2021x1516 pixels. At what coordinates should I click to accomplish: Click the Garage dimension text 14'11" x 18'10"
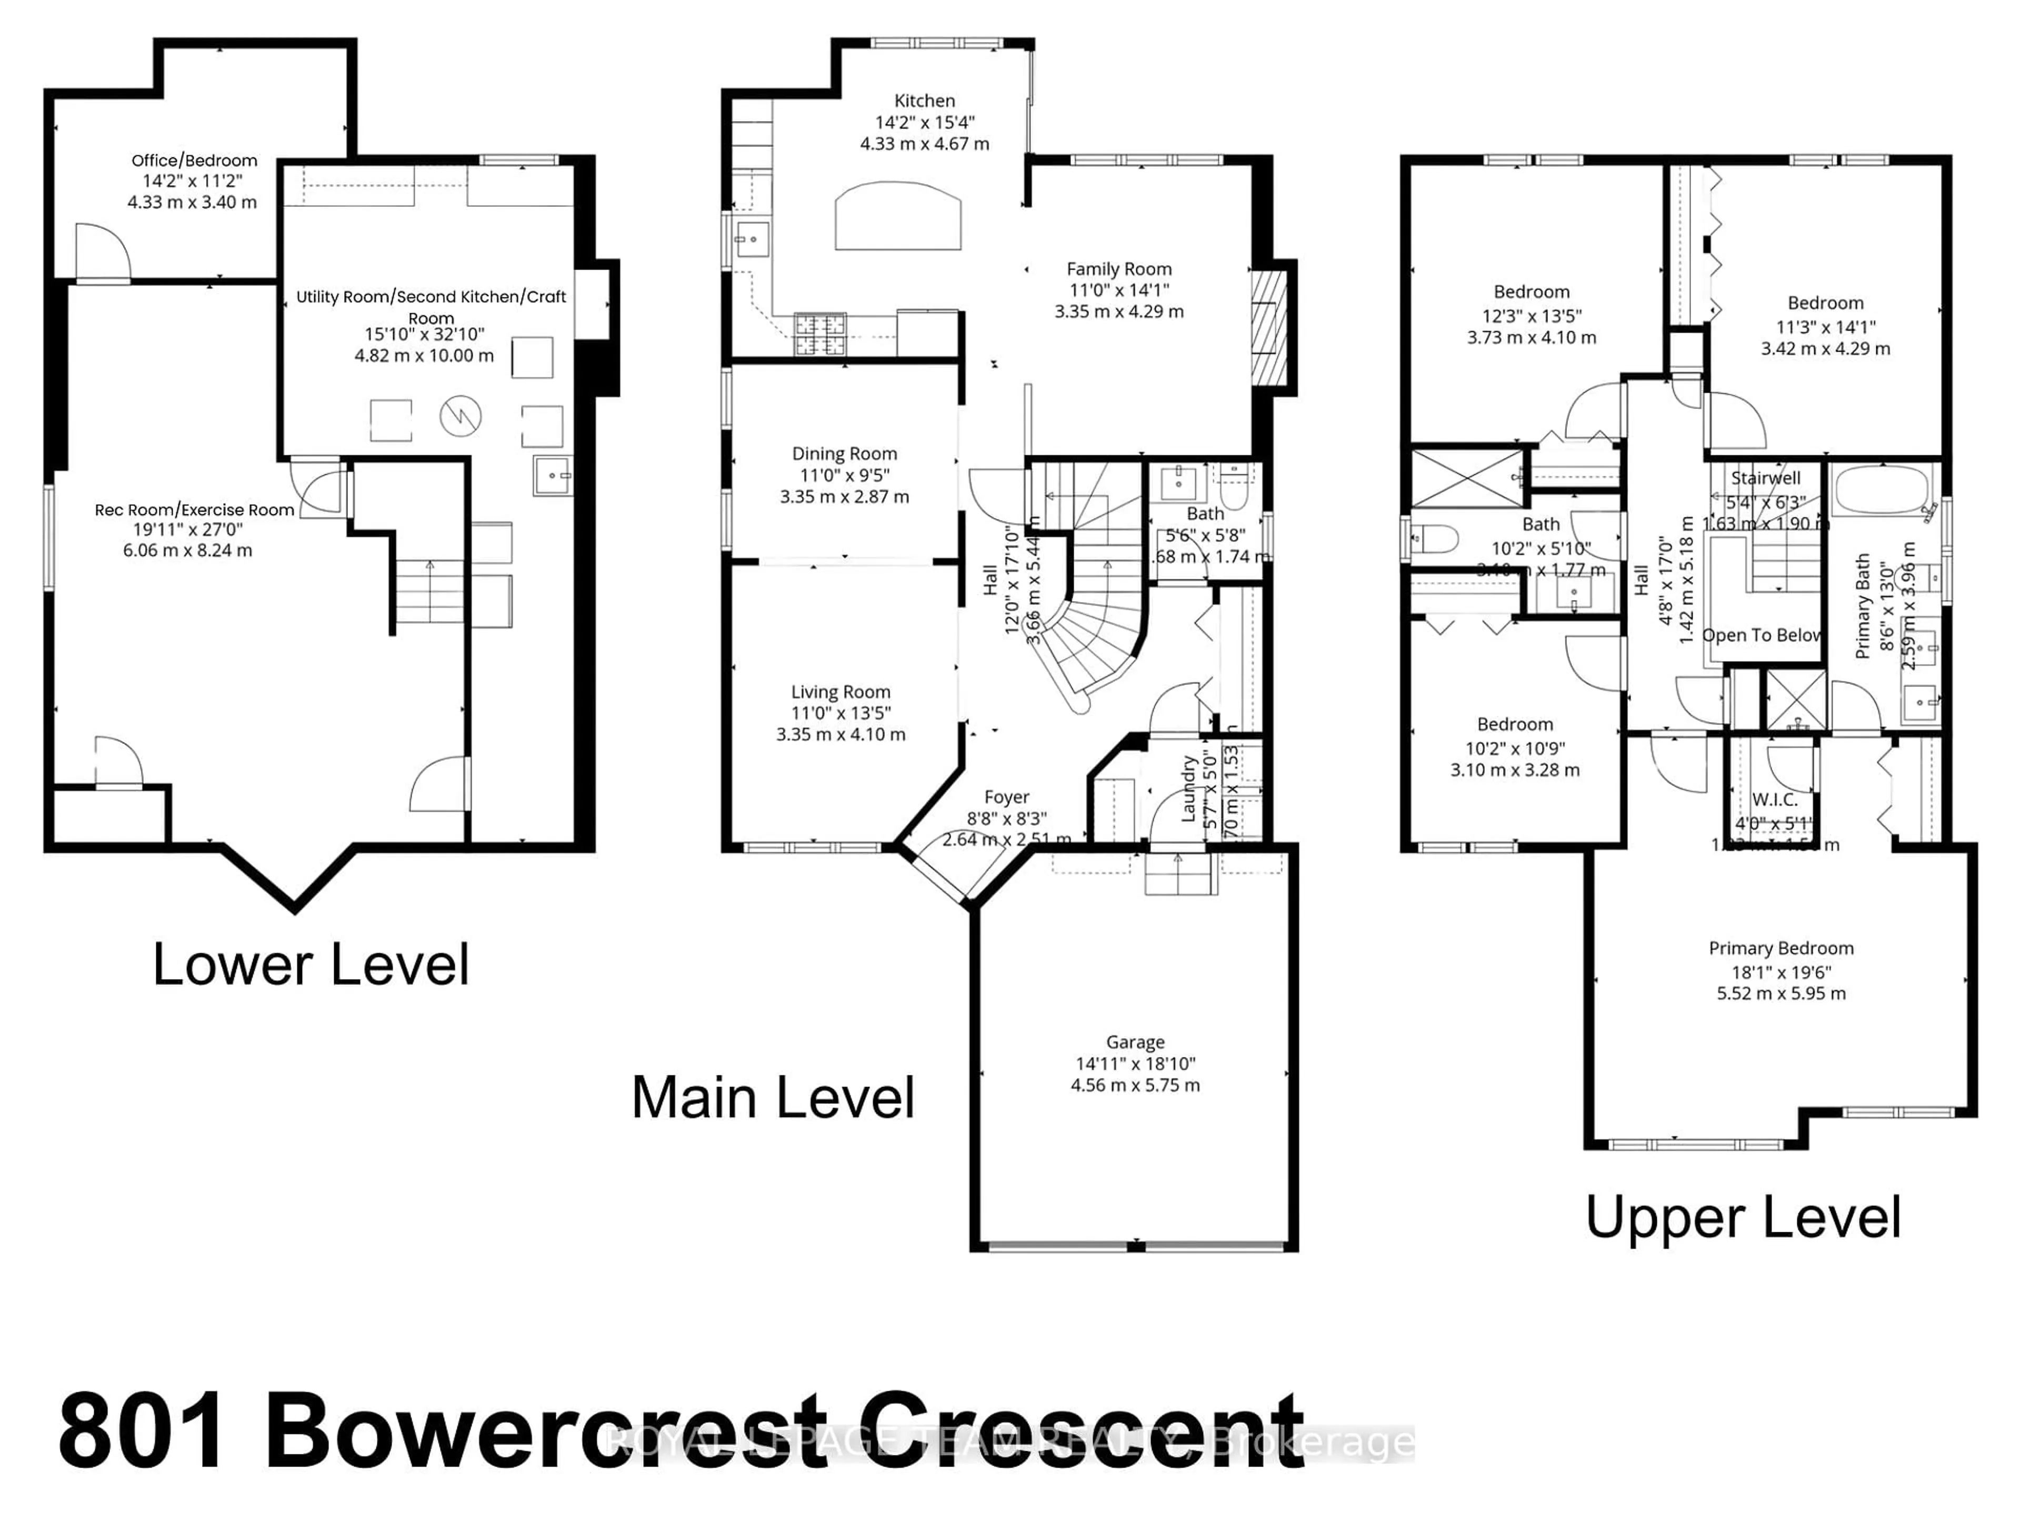1135,1064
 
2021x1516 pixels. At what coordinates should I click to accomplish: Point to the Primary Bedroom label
1780,949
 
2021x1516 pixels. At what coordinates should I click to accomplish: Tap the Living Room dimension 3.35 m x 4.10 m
841,735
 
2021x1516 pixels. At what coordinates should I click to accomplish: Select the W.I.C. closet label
1774,800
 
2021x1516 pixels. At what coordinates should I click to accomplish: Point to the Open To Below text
1762,635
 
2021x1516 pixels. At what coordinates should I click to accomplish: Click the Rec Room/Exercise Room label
195,510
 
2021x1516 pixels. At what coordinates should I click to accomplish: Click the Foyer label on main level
1006,797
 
